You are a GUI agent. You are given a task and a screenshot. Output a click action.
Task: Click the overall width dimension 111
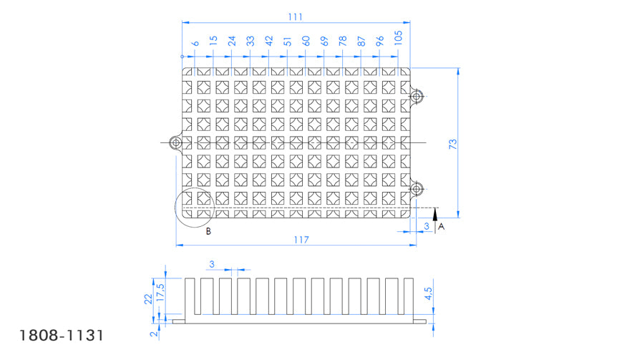click(296, 17)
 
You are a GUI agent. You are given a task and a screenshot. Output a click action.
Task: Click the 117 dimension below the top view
click(301, 240)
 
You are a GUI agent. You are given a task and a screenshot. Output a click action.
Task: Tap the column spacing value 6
click(196, 43)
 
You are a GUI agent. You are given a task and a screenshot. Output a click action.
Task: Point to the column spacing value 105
click(398, 38)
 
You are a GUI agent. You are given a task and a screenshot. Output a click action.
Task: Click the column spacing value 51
click(288, 41)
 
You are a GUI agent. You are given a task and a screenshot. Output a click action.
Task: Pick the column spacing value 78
click(343, 41)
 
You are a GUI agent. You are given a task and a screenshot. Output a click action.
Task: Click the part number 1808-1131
click(62, 336)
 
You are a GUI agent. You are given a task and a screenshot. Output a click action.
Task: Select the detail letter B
click(208, 231)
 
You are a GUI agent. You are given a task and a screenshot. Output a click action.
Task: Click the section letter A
click(441, 226)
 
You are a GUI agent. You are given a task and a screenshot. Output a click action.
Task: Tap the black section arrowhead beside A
click(435, 214)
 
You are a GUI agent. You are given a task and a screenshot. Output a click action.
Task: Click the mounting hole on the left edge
click(176, 142)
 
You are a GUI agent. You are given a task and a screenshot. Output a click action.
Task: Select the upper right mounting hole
click(416, 97)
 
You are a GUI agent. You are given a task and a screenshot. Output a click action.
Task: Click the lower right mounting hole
click(416, 189)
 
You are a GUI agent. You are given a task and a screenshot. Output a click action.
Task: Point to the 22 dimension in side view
click(148, 298)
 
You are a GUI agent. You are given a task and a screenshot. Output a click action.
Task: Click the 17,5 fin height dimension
click(160, 292)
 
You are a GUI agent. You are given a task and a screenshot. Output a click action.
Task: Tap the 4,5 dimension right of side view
click(428, 293)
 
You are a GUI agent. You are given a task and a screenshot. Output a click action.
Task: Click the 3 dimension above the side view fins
click(212, 264)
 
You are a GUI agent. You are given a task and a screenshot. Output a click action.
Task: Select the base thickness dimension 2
click(154, 334)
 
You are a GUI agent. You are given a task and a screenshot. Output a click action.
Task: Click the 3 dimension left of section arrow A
click(426, 226)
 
